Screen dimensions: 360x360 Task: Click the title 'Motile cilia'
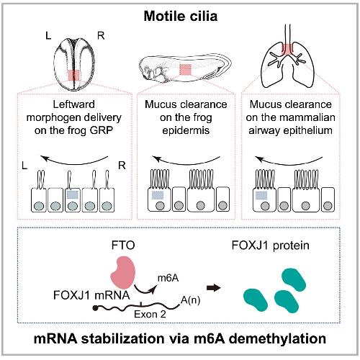tap(181, 17)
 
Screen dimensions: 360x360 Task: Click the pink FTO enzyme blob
tap(123, 273)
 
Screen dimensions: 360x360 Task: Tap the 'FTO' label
tap(123, 246)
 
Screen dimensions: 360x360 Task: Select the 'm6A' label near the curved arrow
tap(168, 278)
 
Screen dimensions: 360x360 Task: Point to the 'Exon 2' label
tap(150, 314)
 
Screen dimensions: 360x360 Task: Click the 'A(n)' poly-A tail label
tap(190, 300)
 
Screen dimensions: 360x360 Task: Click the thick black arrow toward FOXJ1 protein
tap(214, 287)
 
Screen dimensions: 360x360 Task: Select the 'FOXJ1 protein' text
tap(271, 246)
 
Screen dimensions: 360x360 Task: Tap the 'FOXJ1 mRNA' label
tap(91, 295)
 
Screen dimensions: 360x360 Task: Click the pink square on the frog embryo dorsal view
tap(73, 76)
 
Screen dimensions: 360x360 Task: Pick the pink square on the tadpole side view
tap(185, 70)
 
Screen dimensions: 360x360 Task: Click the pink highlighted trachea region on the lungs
tap(287, 50)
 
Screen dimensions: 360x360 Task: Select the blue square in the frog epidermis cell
tap(158, 195)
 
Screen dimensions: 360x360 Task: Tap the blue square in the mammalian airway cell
tap(261, 196)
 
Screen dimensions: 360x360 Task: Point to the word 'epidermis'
tap(186, 131)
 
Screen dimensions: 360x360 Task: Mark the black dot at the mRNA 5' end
tap(95, 308)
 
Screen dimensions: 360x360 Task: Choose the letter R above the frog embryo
tap(101, 36)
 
